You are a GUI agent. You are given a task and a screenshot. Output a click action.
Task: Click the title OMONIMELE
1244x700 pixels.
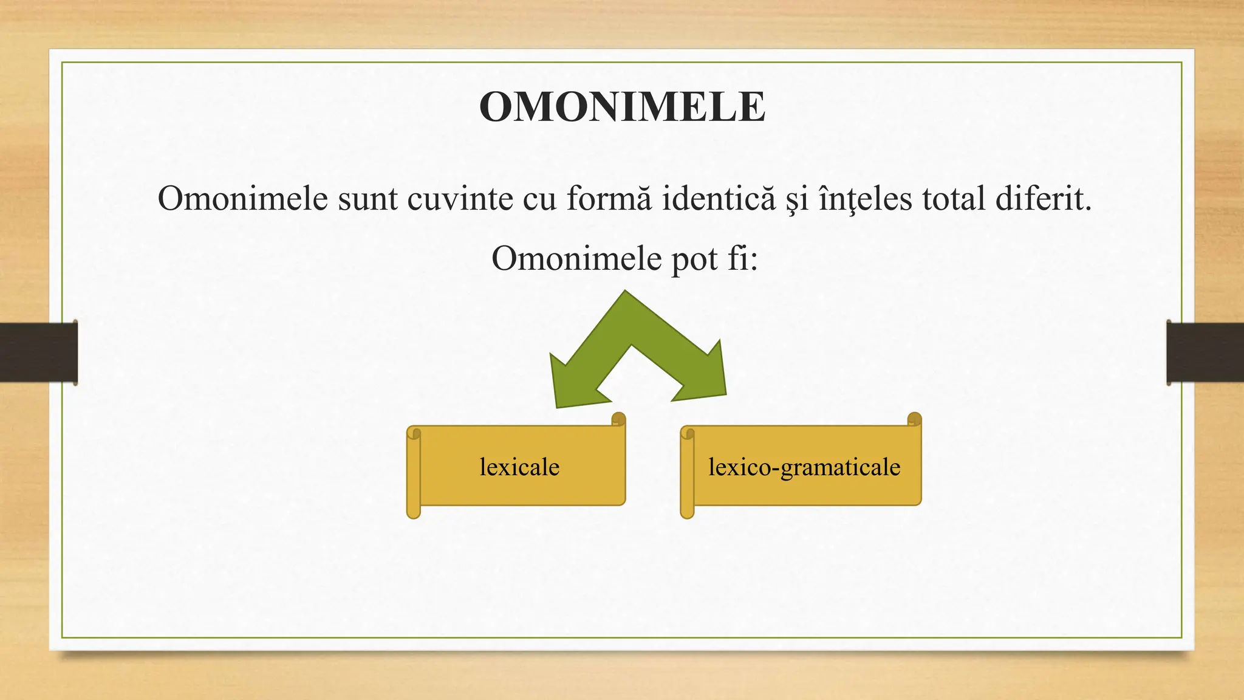622,108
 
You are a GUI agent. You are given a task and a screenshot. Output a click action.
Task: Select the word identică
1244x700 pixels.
718,199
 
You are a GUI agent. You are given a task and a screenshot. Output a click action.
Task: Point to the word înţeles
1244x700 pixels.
865,199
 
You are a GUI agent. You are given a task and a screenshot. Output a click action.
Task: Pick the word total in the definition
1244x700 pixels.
953,199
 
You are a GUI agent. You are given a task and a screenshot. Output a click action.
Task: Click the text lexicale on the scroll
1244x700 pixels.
519,467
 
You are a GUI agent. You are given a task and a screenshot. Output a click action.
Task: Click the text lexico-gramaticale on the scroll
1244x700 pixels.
804,467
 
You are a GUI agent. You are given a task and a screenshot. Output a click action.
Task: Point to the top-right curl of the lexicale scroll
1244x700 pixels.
618,419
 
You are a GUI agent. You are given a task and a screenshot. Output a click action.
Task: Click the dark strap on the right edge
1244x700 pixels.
1205,352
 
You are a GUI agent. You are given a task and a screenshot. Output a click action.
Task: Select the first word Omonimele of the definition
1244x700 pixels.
243,199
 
